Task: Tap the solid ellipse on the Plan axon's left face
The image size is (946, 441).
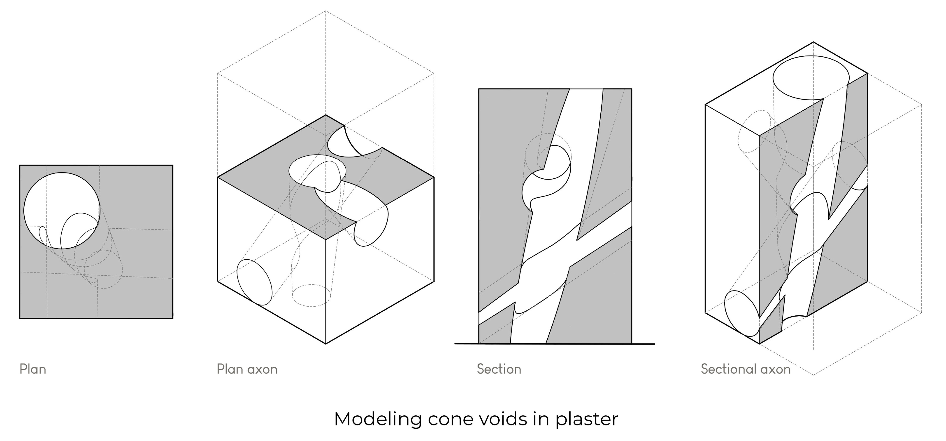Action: pos(254,282)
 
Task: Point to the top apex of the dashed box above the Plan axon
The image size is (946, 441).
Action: pos(325,11)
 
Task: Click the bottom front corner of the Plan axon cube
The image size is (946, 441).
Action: pos(326,344)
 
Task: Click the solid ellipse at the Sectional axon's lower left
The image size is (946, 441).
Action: pos(741,313)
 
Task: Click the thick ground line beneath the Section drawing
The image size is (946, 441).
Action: pos(555,344)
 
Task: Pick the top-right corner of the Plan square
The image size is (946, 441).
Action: pos(173,165)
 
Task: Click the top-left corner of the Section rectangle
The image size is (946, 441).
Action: pos(479,89)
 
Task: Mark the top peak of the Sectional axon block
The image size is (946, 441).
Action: pos(813,42)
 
